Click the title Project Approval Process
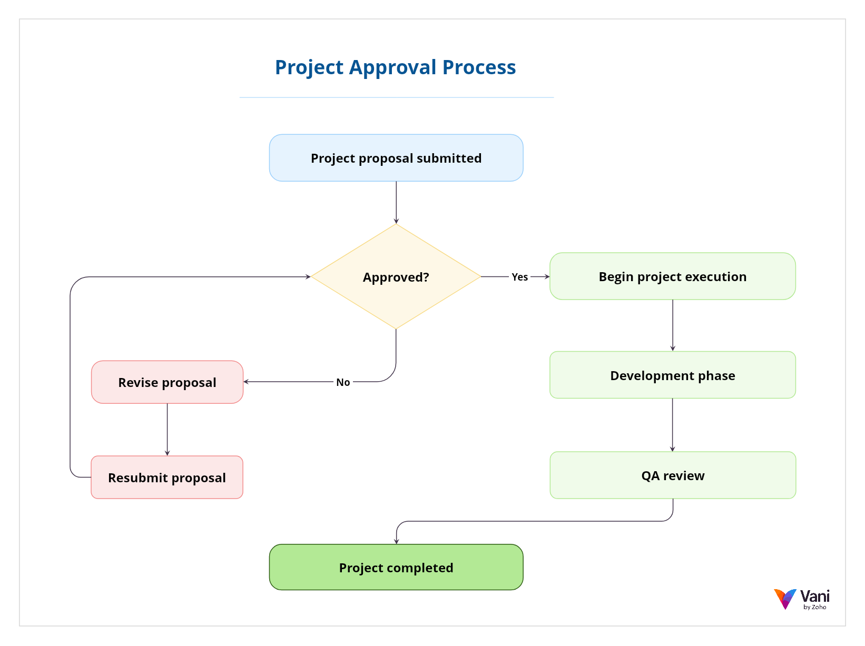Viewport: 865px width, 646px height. point(395,67)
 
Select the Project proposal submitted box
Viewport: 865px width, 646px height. point(396,158)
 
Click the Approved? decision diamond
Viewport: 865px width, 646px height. point(396,277)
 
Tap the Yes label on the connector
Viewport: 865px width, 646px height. point(519,277)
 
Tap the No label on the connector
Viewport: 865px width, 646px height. point(343,382)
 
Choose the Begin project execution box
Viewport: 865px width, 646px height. point(672,276)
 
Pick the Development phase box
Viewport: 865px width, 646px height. point(672,375)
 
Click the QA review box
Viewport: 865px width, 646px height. point(672,475)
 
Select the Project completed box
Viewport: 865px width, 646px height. point(396,568)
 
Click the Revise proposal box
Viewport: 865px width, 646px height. point(167,382)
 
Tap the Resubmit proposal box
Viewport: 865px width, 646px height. point(167,478)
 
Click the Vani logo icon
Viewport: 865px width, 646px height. point(785,599)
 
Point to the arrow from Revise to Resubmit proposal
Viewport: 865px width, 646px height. point(167,429)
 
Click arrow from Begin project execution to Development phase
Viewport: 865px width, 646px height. point(673,325)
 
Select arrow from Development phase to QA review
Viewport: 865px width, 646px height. point(673,424)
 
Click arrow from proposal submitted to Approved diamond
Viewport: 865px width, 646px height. point(396,202)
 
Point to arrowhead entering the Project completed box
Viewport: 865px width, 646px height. point(397,541)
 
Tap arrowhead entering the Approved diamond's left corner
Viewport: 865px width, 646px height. point(308,276)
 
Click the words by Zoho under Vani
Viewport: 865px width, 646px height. point(815,607)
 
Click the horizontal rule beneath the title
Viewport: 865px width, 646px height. point(396,97)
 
